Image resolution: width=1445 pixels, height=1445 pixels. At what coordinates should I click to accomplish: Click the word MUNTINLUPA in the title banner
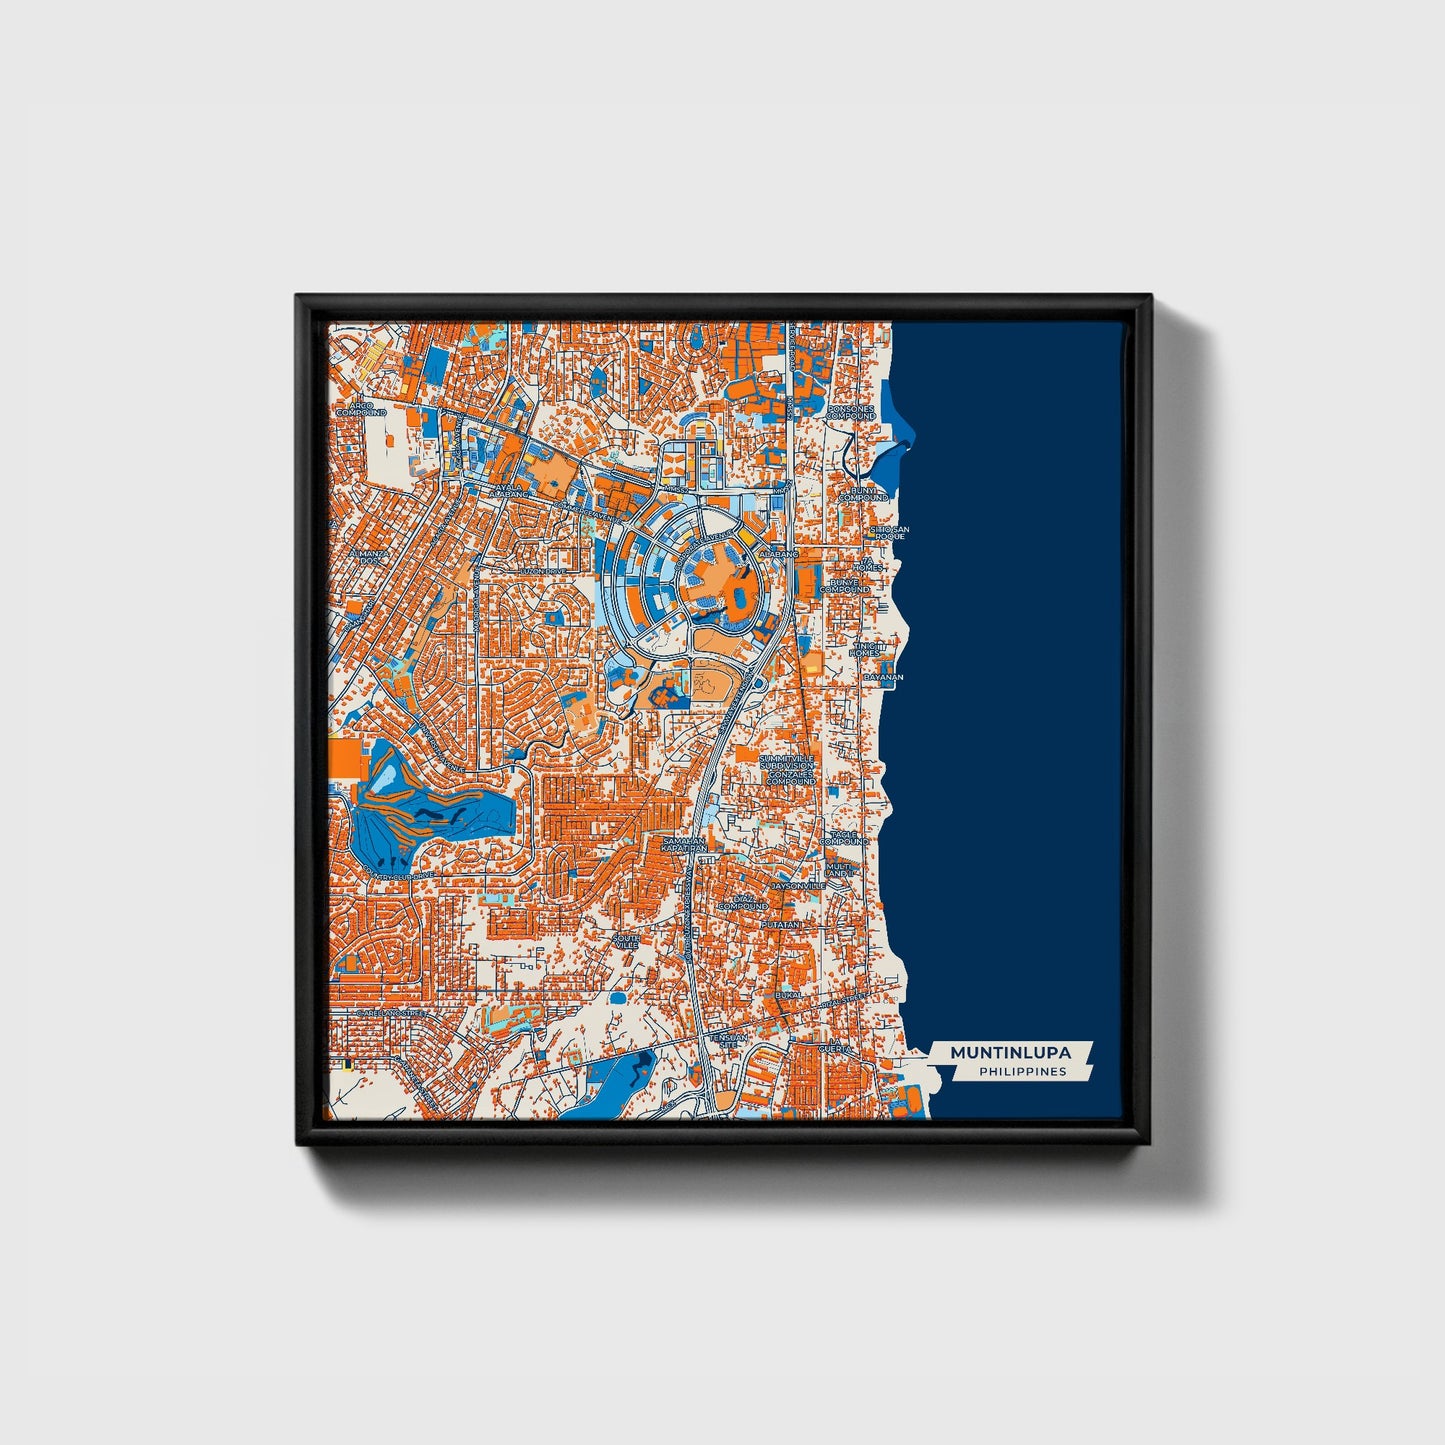click(1010, 1053)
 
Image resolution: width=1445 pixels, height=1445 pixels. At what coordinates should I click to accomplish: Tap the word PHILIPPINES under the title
click(1022, 1072)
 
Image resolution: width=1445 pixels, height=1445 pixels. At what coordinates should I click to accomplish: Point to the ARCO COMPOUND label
click(360, 409)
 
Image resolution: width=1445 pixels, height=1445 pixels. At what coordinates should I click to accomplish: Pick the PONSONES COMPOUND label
click(851, 412)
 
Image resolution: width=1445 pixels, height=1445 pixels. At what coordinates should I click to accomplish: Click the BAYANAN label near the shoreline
click(883, 677)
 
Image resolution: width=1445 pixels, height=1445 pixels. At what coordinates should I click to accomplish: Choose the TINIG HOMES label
click(863, 650)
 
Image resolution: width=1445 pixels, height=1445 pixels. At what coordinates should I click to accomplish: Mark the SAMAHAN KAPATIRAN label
click(684, 845)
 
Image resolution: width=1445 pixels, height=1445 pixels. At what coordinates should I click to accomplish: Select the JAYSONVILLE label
click(797, 885)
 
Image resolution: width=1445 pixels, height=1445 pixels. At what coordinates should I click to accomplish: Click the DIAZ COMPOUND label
click(743, 903)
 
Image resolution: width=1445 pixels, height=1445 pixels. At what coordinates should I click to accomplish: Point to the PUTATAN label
click(781, 926)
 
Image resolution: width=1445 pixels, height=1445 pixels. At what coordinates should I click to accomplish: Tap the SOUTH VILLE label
click(627, 941)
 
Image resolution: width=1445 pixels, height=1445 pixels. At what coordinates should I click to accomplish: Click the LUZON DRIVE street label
click(542, 571)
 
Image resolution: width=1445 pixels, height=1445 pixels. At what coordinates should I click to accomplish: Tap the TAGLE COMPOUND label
click(844, 838)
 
